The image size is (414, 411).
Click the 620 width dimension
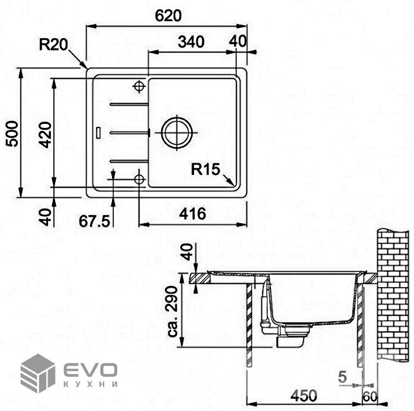tap(168, 16)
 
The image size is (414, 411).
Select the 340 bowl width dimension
tap(191, 42)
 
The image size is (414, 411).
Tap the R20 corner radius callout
tap(53, 45)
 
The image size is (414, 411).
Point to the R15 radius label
tap(205, 169)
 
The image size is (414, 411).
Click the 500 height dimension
tap(12, 134)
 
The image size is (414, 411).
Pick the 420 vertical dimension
tap(45, 134)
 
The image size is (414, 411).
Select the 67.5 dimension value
tap(94, 221)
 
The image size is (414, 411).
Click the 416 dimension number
tap(192, 214)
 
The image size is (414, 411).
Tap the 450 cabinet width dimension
tap(304, 396)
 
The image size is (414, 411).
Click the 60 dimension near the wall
tap(370, 396)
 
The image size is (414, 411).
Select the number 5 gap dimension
tap(342, 377)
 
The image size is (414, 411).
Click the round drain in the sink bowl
tap(176, 133)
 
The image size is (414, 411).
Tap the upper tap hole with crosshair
tap(139, 86)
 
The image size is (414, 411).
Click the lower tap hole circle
tap(139, 180)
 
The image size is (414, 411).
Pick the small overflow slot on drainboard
tap(98, 133)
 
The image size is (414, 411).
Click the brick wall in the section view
tap(393, 295)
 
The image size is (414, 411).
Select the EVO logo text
tap(90, 369)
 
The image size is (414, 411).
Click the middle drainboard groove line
tap(130, 133)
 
